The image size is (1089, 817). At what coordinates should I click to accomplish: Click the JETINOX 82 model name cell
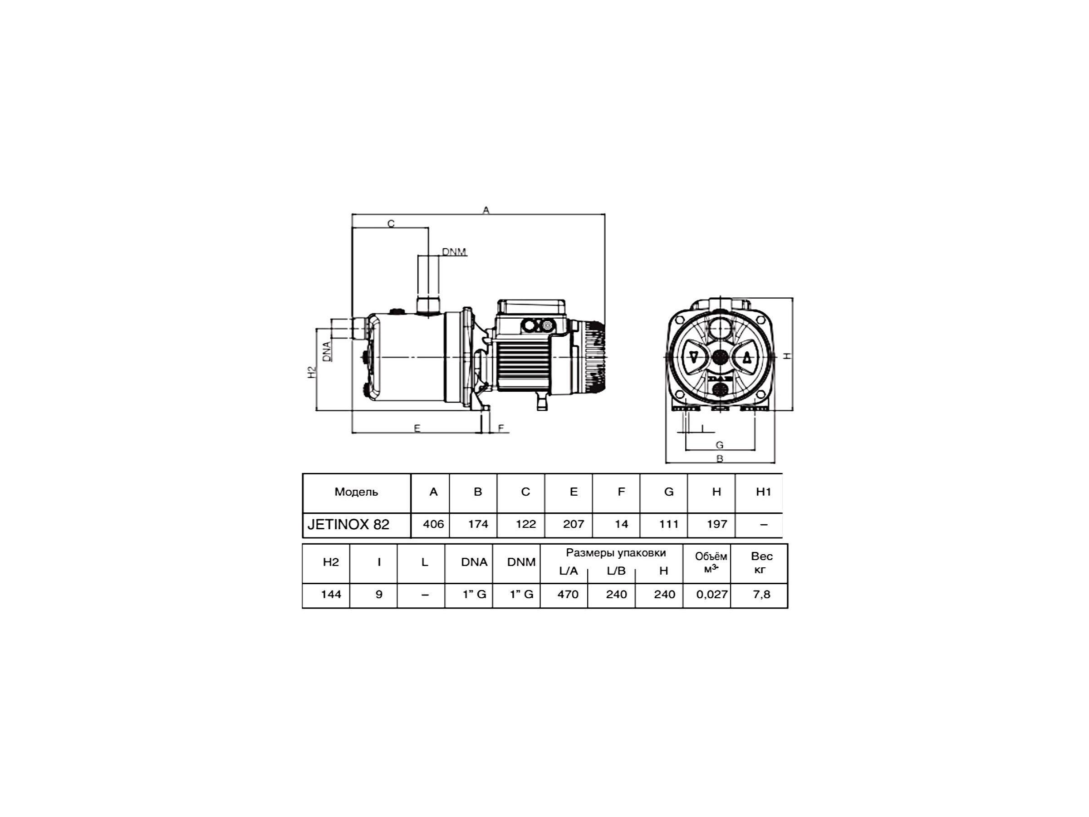(x=348, y=525)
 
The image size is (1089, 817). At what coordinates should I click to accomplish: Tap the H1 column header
(x=763, y=492)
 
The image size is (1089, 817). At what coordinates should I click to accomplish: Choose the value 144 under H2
(x=331, y=595)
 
